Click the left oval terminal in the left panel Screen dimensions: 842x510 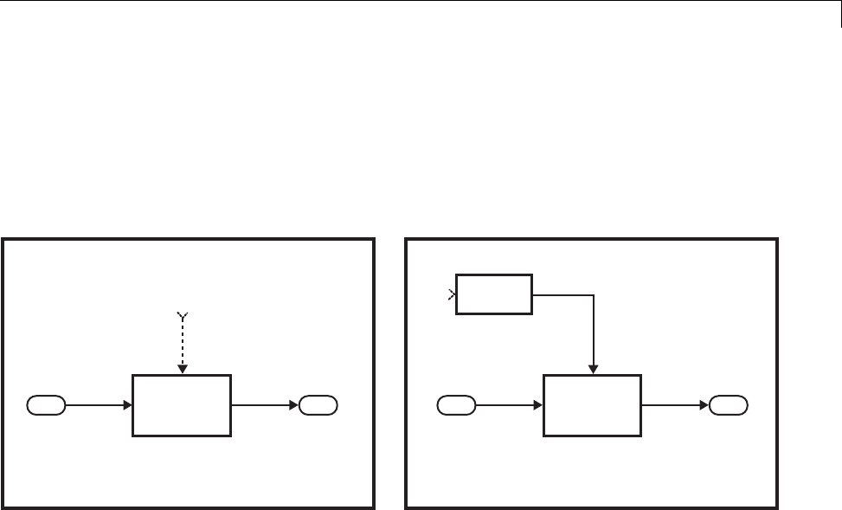point(46,404)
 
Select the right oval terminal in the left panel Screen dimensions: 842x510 point(318,404)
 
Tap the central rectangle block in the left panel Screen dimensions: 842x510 point(181,404)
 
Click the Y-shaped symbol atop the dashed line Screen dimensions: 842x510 point(181,316)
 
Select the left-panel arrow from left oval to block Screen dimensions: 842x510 point(97,404)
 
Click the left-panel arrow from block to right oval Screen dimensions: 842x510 point(265,404)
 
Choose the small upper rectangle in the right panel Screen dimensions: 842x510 point(495,294)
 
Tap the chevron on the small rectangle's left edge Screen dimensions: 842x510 point(453,295)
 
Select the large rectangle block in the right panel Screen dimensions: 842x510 point(593,404)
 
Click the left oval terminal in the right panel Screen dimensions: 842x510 point(456,404)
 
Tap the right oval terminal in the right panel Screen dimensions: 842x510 point(729,404)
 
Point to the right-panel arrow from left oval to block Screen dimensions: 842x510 point(508,404)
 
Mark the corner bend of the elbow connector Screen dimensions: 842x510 point(594,294)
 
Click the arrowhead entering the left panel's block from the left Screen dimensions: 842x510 point(127,404)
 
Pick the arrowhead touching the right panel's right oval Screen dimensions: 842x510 point(704,404)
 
